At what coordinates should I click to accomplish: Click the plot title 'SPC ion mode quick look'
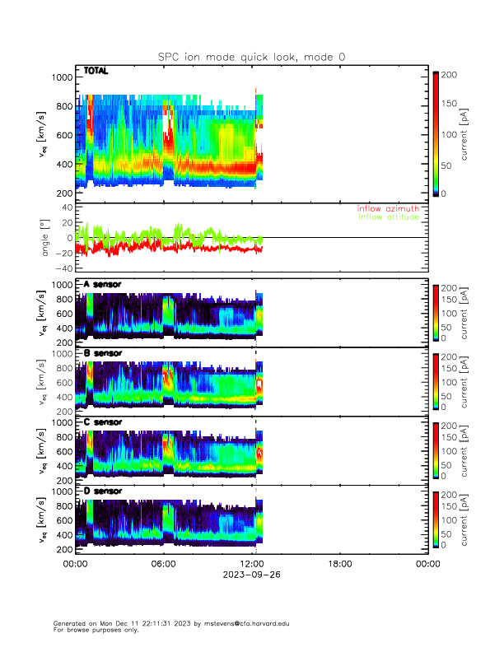tap(252, 57)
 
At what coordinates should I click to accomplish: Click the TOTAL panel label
tap(96, 72)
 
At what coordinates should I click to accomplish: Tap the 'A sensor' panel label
tap(102, 285)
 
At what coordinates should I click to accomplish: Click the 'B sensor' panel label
tap(102, 353)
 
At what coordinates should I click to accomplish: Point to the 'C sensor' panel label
tap(102, 422)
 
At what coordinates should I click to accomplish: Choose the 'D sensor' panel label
tap(102, 491)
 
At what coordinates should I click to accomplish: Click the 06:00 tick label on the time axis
tap(163, 564)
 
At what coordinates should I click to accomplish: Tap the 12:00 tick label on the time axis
tap(251, 564)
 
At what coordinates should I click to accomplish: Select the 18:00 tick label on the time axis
tap(339, 564)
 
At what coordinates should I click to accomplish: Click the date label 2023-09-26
tap(251, 575)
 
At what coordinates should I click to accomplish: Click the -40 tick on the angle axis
tap(61, 268)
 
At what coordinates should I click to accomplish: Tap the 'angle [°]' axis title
tap(47, 238)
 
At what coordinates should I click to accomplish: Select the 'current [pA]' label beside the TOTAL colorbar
tap(466, 133)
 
